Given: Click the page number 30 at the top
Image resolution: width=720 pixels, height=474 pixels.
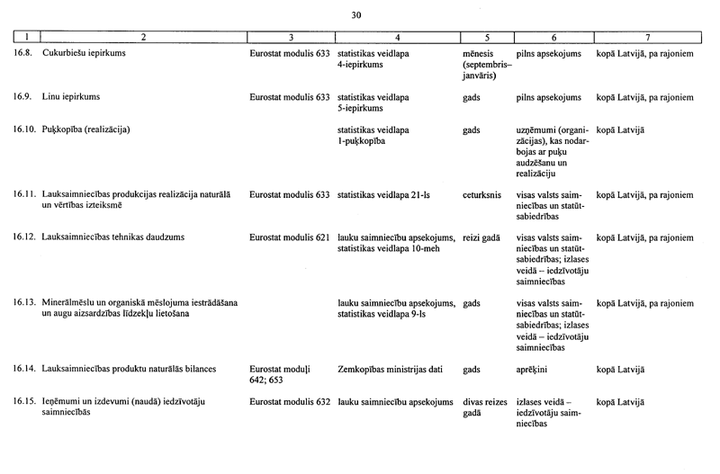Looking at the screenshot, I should [356, 15].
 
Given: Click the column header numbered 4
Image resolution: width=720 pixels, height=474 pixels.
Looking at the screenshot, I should [397, 38].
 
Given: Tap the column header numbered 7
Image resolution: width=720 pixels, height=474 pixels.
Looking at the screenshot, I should [647, 38].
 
